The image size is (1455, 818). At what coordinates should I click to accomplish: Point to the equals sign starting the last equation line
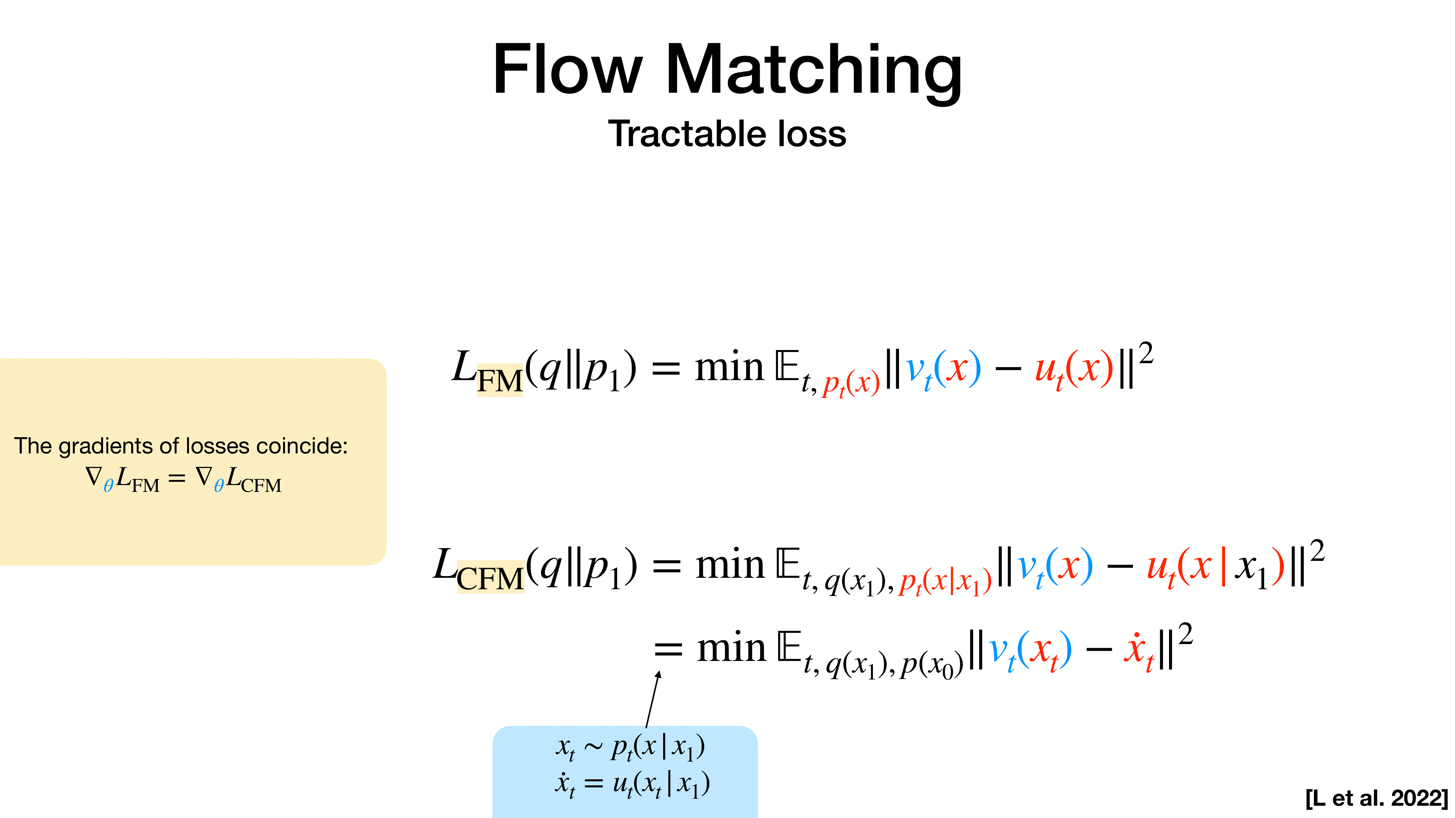click(x=668, y=650)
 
